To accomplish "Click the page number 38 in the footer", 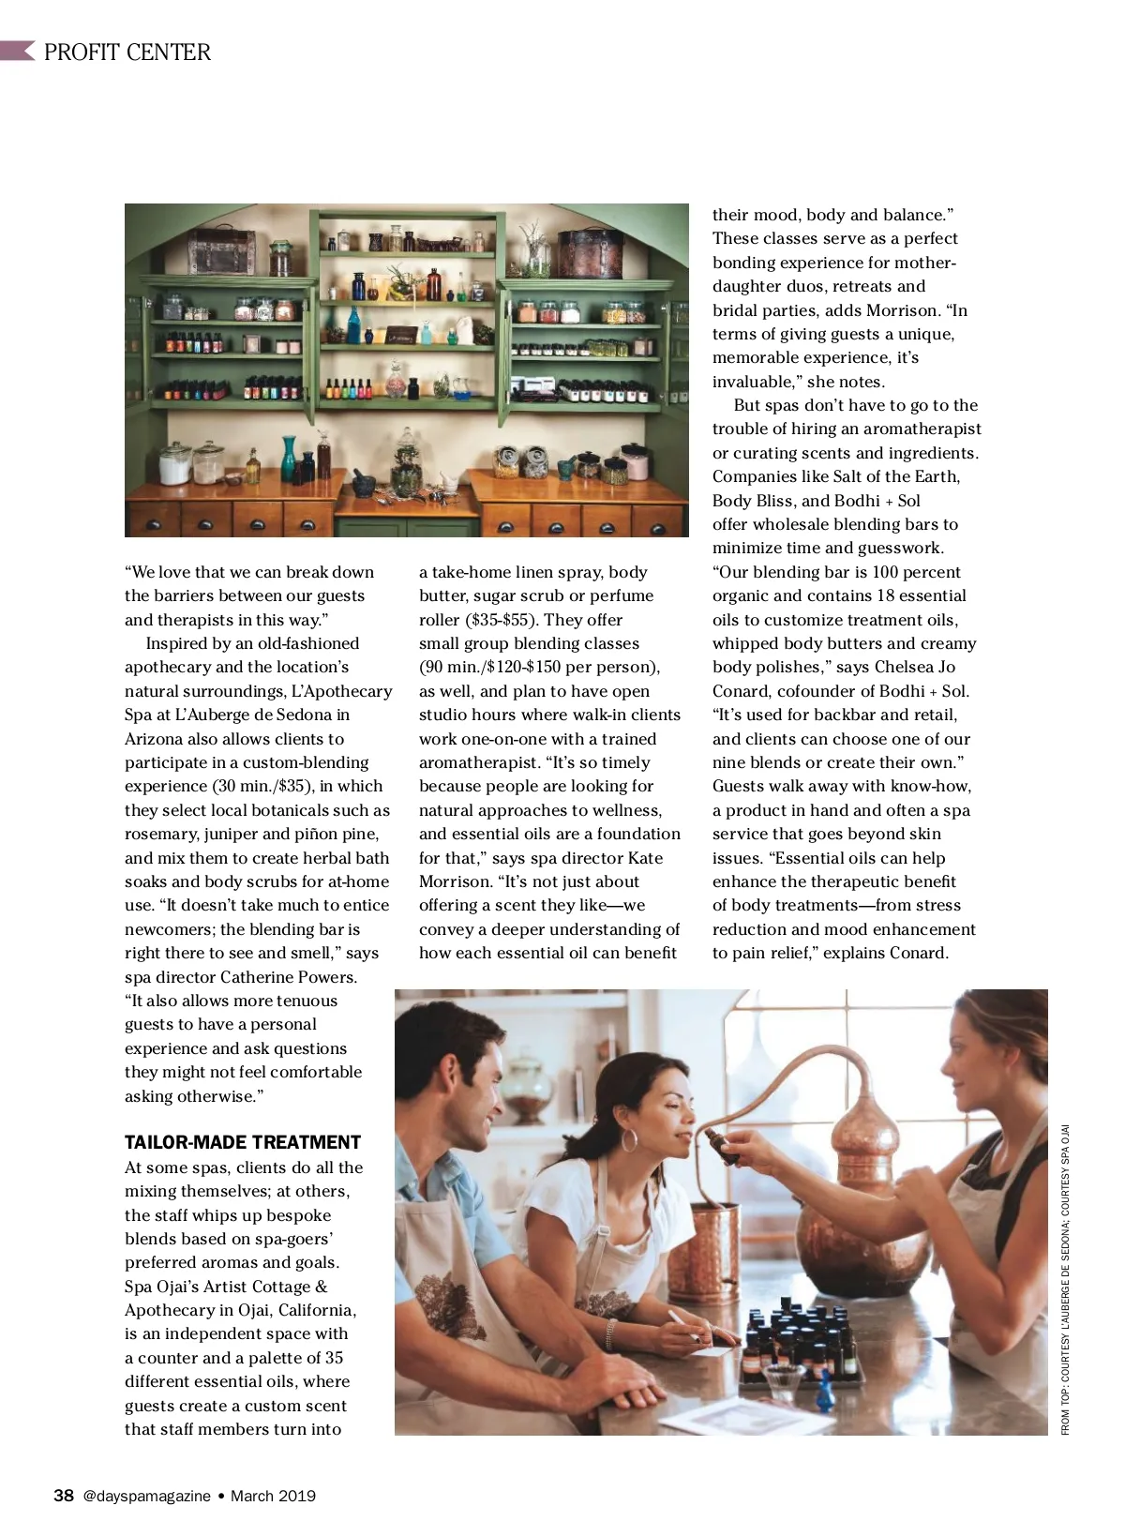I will coord(64,1496).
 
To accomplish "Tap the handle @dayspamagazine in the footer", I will coord(146,1497).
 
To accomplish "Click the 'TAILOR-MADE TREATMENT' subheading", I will coord(242,1142).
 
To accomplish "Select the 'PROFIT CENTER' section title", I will coord(127,53).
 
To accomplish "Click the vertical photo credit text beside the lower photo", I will coord(1065,1279).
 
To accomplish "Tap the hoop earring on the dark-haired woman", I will coord(629,1141).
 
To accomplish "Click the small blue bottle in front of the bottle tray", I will coord(824,1395).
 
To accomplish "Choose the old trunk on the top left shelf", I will coord(221,251).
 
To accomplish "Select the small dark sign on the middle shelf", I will coord(401,336).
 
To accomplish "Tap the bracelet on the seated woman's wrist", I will coord(611,1333).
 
